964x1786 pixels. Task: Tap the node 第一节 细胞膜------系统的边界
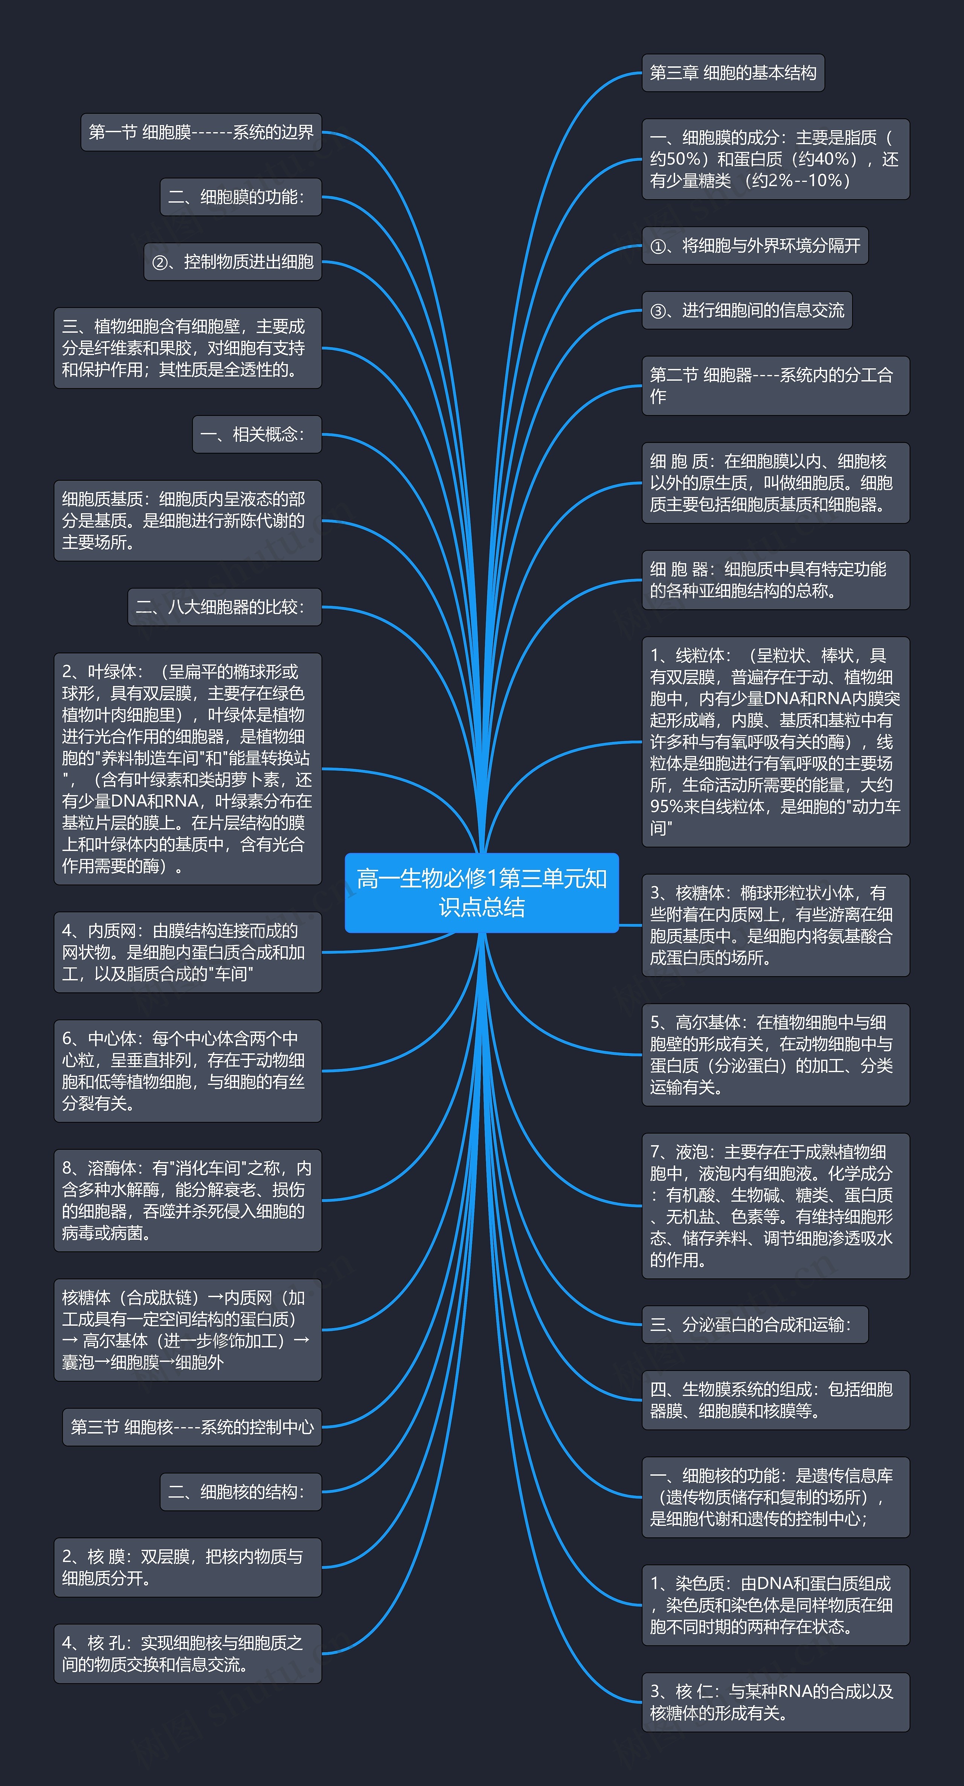click(201, 133)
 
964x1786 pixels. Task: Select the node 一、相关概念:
click(256, 434)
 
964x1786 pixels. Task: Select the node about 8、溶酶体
click(187, 1200)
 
